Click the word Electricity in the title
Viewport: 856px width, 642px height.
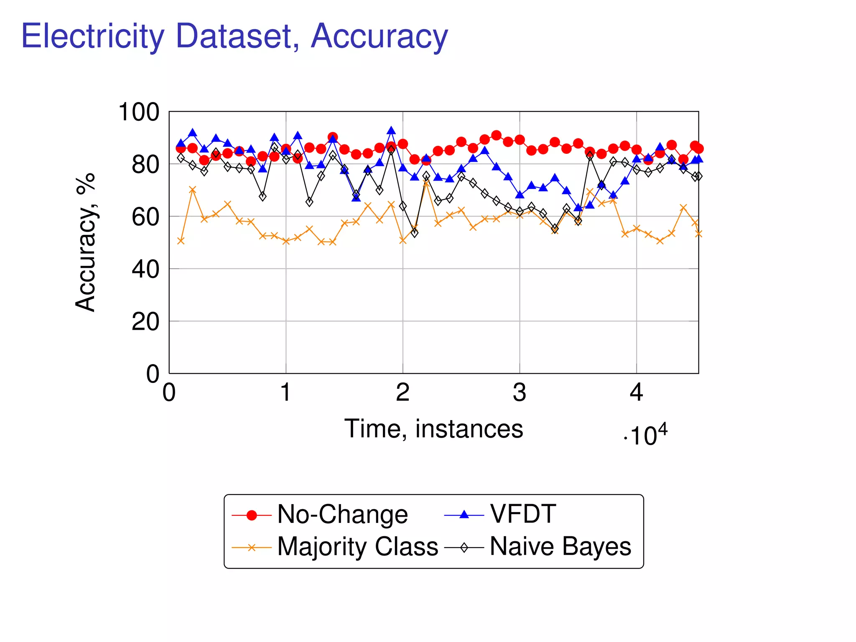(x=93, y=37)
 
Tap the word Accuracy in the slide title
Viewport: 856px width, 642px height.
(x=379, y=37)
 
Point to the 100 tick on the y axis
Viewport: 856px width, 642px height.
(x=139, y=112)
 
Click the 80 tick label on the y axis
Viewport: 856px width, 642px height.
(x=145, y=165)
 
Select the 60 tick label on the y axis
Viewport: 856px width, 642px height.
(x=145, y=217)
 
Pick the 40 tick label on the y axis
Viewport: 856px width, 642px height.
(x=145, y=270)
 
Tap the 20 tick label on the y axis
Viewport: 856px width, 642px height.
(x=145, y=322)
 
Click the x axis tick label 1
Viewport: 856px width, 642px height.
(x=285, y=392)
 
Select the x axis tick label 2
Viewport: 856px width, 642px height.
(x=403, y=392)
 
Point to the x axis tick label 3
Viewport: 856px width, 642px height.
(x=519, y=392)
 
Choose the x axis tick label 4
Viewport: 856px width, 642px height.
(x=636, y=392)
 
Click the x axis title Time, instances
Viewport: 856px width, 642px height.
(x=433, y=429)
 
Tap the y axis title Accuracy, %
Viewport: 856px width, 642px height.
(x=86, y=242)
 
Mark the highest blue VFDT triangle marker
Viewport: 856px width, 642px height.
(x=391, y=130)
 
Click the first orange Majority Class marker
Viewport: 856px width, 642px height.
(x=181, y=241)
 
